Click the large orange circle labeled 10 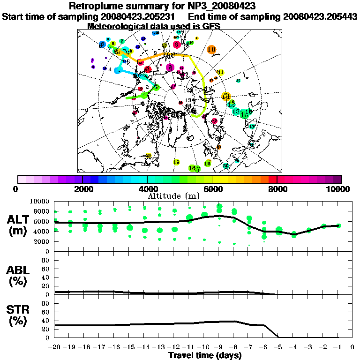211,49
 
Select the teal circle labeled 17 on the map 252,126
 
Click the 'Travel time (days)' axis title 205,355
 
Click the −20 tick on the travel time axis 54,347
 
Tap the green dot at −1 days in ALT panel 338,225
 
